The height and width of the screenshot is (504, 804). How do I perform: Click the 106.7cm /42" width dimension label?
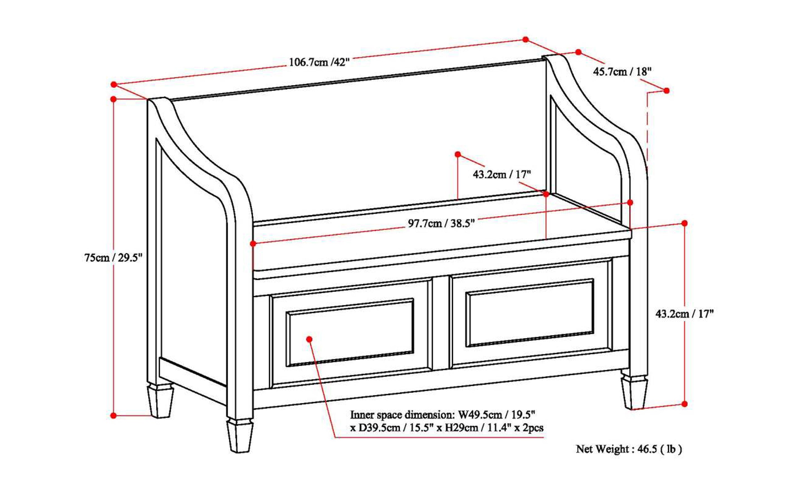coord(319,62)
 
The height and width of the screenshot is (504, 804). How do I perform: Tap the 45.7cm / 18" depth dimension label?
coord(622,72)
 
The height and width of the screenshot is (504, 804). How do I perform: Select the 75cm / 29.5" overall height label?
coord(113,258)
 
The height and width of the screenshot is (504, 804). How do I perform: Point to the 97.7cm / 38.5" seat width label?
coord(441,223)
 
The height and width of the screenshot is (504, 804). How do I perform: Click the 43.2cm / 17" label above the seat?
coord(502,174)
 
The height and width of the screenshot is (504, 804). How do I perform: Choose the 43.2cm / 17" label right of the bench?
coord(684,314)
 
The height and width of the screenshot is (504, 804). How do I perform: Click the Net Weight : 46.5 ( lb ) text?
coord(629,449)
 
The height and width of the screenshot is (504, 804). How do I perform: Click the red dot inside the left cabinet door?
coord(309,339)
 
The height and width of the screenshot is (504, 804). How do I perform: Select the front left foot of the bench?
coord(240,436)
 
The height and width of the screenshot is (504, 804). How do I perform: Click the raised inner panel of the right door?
coord(530,312)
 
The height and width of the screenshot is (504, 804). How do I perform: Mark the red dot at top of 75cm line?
coord(114,99)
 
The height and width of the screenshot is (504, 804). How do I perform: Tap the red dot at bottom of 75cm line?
coord(114,416)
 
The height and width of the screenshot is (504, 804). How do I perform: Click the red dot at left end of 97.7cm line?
coord(253,244)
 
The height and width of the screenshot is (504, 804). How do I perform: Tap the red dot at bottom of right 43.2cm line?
coord(684,404)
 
